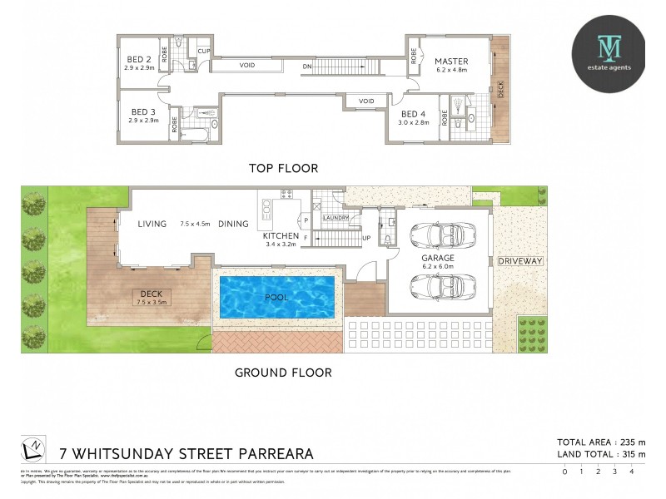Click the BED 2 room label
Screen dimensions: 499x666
coord(137,59)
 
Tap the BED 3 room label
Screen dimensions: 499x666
coord(143,111)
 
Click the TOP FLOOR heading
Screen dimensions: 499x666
coord(283,168)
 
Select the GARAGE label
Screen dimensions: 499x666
coord(437,259)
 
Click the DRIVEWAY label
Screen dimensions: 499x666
coord(520,261)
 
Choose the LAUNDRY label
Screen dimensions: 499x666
coord(335,218)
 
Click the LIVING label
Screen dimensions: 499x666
coord(152,224)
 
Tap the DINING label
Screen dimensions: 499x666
coord(235,224)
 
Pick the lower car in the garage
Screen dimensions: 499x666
coord(438,286)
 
